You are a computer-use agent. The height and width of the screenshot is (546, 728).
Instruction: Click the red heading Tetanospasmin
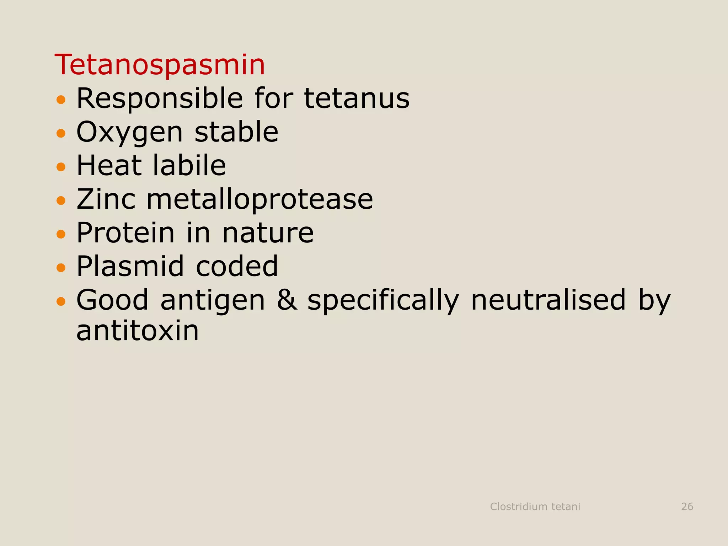[x=160, y=65]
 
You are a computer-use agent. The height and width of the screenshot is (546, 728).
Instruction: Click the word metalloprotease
[x=260, y=199]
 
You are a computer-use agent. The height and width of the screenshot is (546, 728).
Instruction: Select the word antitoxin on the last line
[x=138, y=331]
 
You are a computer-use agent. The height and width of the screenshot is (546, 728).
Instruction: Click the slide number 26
[x=687, y=507]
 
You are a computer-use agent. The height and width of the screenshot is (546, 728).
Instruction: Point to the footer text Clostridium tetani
[x=535, y=507]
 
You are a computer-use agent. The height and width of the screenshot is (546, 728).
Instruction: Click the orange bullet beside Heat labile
[x=61, y=167]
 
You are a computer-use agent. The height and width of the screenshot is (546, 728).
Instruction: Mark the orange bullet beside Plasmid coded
[x=61, y=267]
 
